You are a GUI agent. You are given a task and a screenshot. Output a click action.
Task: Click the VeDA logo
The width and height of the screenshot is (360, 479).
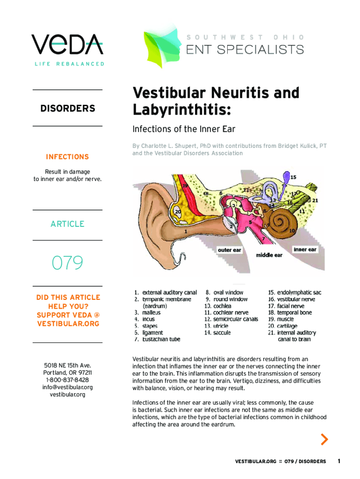(67, 44)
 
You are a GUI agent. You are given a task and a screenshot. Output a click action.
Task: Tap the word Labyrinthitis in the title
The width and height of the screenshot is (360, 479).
(182, 110)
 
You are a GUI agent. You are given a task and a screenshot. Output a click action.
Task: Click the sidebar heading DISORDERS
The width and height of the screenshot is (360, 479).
(67, 109)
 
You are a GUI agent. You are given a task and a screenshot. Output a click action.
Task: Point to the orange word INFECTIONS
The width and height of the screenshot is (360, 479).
(67, 157)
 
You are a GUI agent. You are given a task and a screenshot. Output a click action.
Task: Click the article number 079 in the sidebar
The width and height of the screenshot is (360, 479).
(67, 263)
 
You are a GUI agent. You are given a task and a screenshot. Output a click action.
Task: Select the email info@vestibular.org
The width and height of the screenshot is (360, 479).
(67, 387)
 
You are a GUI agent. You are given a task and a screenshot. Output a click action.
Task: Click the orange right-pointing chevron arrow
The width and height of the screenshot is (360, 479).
(324, 439)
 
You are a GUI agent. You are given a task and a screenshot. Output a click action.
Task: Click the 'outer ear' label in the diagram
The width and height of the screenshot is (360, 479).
(230, 250)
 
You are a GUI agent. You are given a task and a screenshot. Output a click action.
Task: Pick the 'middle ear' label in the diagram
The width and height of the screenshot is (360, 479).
(269, 255)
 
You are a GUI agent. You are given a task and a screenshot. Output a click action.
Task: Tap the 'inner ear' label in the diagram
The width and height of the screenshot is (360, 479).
(305, 249)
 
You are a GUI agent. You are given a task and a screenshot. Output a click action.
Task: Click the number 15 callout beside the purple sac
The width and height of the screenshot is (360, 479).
(293, 177)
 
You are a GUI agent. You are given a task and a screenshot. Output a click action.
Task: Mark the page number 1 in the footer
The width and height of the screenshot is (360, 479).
(339, 461)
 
